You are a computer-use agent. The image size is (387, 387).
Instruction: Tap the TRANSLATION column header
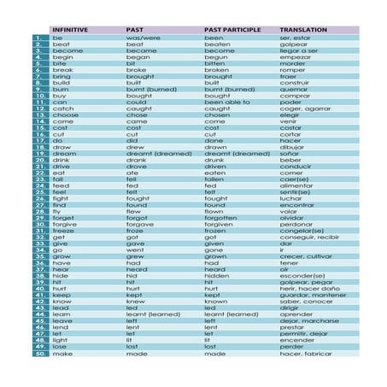[x=302, y=30]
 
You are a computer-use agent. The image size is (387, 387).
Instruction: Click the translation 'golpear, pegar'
[x=306, y=282]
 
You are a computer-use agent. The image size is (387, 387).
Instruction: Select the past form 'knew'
[x=136, y=302]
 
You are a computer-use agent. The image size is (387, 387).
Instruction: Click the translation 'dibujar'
[x=295, y=148]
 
